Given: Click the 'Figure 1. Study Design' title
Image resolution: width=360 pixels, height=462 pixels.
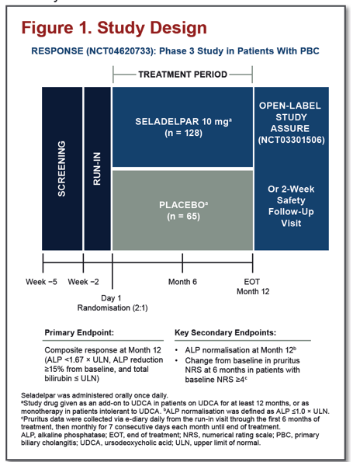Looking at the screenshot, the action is [114, 28].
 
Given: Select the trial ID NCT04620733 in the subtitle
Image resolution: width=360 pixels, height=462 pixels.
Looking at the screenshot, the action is [120, 51].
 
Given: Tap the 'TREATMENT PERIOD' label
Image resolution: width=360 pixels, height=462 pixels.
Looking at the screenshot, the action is [183, 75].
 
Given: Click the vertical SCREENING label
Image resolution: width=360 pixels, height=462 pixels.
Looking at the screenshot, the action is [61, 168].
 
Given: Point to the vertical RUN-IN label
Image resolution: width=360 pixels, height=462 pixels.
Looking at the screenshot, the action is [97, 168].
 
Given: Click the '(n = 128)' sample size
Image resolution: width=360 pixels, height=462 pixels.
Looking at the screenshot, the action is [183, 133].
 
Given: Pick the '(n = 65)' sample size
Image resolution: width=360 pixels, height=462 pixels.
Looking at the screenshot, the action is [183, 217].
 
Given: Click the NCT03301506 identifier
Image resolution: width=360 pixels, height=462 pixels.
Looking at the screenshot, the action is [291, 140].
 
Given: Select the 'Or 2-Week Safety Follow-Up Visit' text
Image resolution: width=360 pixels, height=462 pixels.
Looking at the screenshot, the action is [291, 206].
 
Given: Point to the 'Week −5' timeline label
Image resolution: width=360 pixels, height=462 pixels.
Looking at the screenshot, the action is [41, 282].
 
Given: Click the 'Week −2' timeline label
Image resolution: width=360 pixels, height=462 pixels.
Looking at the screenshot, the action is [83, 282].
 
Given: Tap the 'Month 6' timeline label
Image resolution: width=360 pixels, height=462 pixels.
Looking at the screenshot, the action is [182, 282].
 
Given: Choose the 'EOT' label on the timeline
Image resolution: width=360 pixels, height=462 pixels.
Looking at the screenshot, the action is [252, 282].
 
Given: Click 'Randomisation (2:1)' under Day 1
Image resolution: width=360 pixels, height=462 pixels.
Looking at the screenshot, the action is [112, 308].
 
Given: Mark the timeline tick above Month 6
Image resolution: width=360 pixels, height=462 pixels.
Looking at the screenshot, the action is [182, 262].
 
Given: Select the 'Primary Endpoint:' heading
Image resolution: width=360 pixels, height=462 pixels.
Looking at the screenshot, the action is [79, 332].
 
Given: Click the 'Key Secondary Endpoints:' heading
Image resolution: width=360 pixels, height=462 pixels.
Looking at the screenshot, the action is [226, 332].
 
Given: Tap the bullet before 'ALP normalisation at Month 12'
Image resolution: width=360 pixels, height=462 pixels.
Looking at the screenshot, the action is [177, 350].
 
